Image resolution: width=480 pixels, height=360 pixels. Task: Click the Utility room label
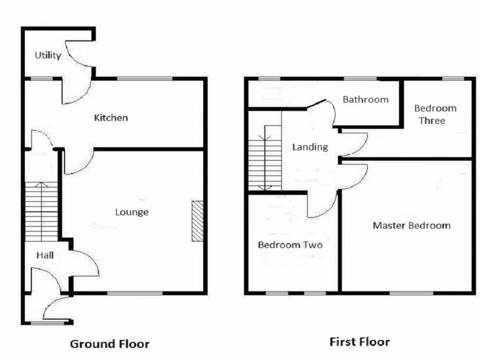(48, 55)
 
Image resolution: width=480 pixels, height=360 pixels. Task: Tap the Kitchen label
(111, 118)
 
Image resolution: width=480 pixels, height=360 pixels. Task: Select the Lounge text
(132, 212)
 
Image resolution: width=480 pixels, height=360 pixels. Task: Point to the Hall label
(45, 255)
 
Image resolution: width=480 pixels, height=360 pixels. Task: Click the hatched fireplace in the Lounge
(198, 221)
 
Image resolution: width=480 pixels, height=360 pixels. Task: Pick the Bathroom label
(365, 99)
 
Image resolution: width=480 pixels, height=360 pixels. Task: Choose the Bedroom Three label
(435, 114)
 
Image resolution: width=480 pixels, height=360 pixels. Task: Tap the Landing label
(310, 147)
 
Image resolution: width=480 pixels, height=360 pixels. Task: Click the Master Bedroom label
(412, 225)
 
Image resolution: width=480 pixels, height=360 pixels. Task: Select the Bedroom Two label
(290, 245)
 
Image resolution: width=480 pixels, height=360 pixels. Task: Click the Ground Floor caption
(110, 344)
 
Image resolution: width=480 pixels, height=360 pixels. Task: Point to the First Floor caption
(360, 342)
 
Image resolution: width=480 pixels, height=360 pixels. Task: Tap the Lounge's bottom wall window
(135, 293)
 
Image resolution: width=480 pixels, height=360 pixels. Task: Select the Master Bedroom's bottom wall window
(411, 293)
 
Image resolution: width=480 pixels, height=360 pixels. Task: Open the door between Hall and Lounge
(84, 262)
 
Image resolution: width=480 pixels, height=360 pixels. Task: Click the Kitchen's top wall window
(144, 79)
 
